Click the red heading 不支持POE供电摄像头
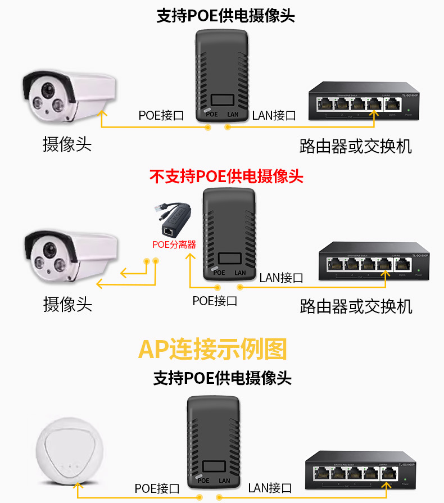[x=226, y=177]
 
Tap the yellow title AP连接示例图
[x=212, y=349]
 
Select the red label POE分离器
[x=174, y=244]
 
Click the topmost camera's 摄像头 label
[x=67, y=144]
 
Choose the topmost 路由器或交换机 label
[x=356, y=146]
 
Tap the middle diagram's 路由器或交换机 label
[x=356, y=306]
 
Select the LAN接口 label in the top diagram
[x=274, y=116]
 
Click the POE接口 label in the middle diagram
[x=215, y=301]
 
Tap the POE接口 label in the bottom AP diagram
[x=157, y=488]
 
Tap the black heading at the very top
[x=225, y=16]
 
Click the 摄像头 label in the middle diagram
[x=67, y=304]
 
